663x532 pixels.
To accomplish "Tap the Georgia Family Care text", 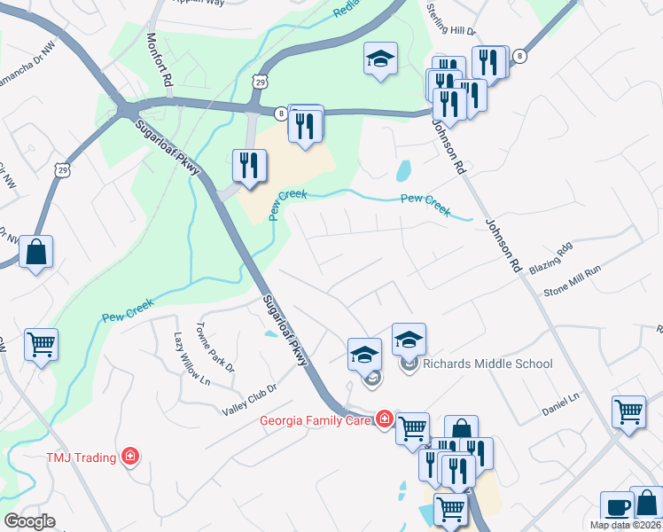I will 315,420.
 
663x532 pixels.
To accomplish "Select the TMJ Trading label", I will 82,458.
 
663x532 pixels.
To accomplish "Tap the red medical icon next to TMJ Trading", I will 130,457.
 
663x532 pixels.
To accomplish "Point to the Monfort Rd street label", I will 160,59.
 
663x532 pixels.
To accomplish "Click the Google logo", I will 29,521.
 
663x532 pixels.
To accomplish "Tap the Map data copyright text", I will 626,525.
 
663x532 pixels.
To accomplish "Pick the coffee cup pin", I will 617,509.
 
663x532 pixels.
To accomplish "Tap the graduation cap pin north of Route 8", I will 380,59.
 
